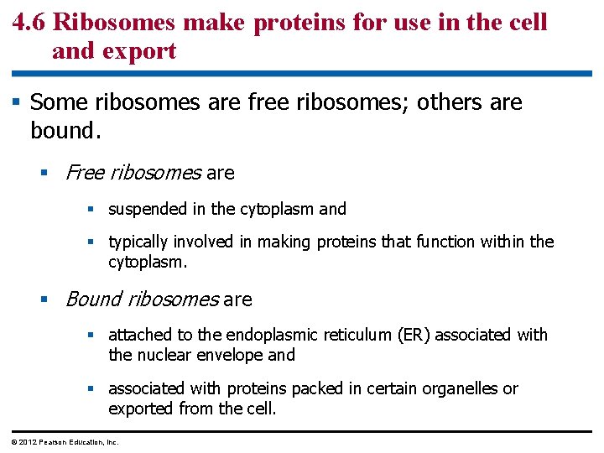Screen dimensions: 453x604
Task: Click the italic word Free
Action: (84, 174)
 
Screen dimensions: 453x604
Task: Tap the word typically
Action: (138, 242)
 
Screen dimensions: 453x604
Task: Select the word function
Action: (445, 242)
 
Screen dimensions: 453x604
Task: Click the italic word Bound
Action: (92, 299)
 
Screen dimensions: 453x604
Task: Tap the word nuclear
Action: (165, 355)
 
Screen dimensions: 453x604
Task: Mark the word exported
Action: (141, 409)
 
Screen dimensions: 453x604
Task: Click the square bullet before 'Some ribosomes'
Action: (17, 102)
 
